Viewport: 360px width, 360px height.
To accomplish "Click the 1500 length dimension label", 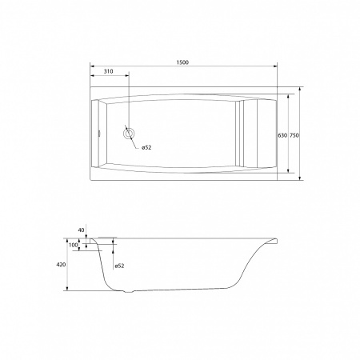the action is [x=182, y=62].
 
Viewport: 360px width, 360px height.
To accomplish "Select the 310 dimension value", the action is [x=108, y=71].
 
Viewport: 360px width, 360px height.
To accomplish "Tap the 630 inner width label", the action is [x=282, y=135].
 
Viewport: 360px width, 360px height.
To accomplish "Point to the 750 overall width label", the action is [x=294, y=135].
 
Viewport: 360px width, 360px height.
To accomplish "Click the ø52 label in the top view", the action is [x=146, y=147].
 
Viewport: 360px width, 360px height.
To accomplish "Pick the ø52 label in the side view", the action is [x=119, y=266].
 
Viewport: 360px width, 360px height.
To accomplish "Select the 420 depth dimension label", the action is [x=61, y=265].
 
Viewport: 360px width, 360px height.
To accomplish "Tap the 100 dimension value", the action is [x=73, y=245].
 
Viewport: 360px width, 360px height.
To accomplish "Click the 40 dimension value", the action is [x=81, y=230].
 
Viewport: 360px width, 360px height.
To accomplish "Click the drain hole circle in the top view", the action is [x=129, y=130].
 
